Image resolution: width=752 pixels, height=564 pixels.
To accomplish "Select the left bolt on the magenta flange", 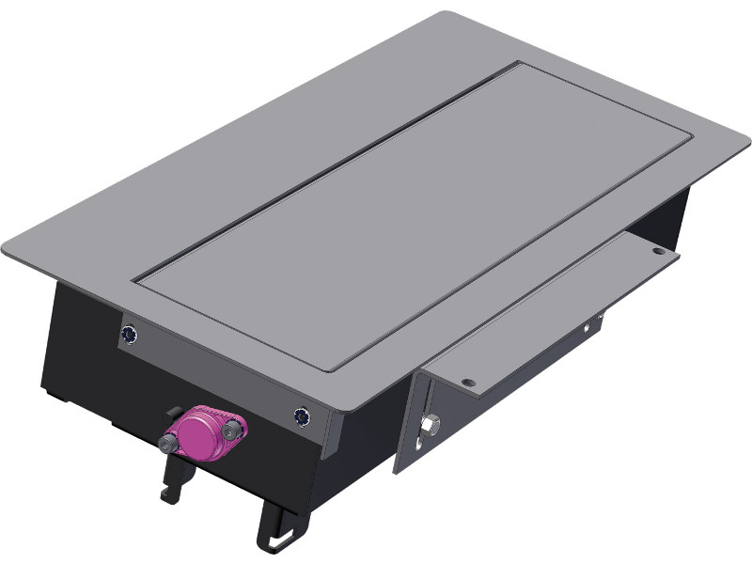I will click(x=170, y=441).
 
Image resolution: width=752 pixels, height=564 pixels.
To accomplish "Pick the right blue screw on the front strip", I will click(x=302, y=415).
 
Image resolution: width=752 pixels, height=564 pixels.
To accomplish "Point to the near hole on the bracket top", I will click(x=468, y=382).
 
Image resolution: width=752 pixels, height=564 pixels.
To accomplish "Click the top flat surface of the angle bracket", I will click(x=555, y=310).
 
